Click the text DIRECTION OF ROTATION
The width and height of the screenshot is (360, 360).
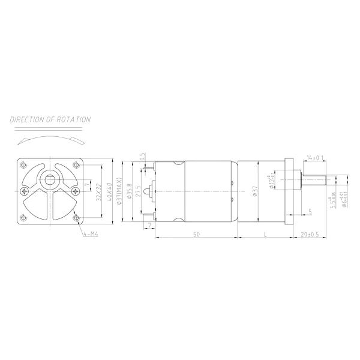(50, 119)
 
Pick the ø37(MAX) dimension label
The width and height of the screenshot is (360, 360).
(121, 191)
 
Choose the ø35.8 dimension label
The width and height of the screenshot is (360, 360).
(130, 191)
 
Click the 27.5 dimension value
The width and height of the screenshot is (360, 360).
(139, 191)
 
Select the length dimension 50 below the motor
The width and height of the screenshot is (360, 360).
(196, 234)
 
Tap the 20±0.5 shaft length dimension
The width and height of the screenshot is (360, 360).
(311, 234)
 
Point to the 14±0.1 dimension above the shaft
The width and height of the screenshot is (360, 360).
(315, 158)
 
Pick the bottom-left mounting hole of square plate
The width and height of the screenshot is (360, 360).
(24, 217)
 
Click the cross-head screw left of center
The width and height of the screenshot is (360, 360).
(24, 191)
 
